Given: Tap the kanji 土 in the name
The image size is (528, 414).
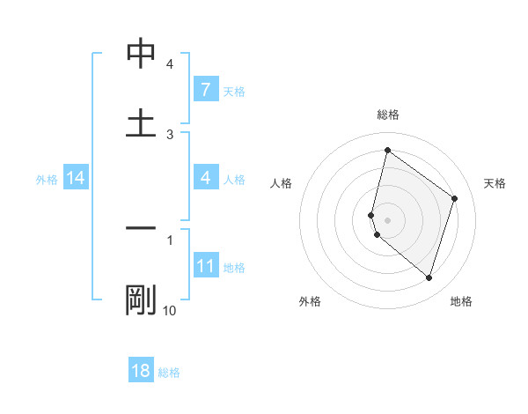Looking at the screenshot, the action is [141, 122].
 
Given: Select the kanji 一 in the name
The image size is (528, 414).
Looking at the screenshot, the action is [141, 228].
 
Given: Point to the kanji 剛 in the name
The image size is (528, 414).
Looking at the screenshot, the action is [141, 299].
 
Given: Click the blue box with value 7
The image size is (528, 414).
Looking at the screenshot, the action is [205, 90].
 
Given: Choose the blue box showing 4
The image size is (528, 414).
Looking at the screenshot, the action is [205, 178].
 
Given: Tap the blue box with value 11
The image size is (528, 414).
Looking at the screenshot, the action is [205, 266].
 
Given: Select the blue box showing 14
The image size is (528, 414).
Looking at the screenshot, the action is [76, 179].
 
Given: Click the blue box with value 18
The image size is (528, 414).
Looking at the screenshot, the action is [141, 371].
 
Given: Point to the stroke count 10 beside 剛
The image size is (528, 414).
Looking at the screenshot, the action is [170, 310].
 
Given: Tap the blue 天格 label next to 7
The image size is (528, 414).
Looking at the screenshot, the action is [234, 91].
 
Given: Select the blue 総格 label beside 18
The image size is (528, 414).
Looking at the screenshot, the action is [169, 373].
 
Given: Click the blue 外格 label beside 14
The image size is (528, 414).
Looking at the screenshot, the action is [47, 180].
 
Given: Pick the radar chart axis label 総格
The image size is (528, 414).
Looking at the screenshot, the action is [387, 115].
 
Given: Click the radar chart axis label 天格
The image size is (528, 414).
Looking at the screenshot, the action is [495, 183].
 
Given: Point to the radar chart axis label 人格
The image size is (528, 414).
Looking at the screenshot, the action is [282, 183].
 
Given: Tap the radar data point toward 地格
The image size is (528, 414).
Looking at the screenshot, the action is [429, 277].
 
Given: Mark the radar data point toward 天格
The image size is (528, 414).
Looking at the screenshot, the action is [455, 198].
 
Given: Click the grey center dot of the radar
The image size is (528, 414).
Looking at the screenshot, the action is [388, 219].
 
